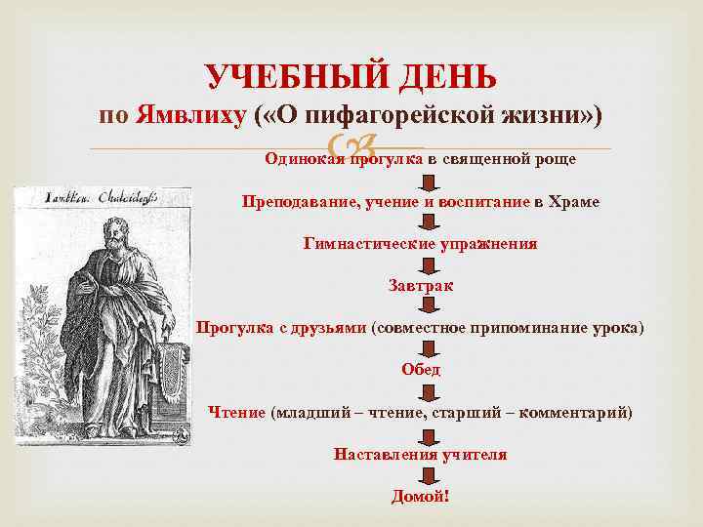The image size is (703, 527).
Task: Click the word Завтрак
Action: tap(421, 286)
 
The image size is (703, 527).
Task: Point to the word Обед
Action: tap(421, 369)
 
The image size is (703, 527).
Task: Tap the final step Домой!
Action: tap(421, 496)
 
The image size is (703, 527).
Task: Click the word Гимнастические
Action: tap(366, 243)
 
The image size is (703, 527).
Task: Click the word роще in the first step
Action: tap(555, 159)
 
